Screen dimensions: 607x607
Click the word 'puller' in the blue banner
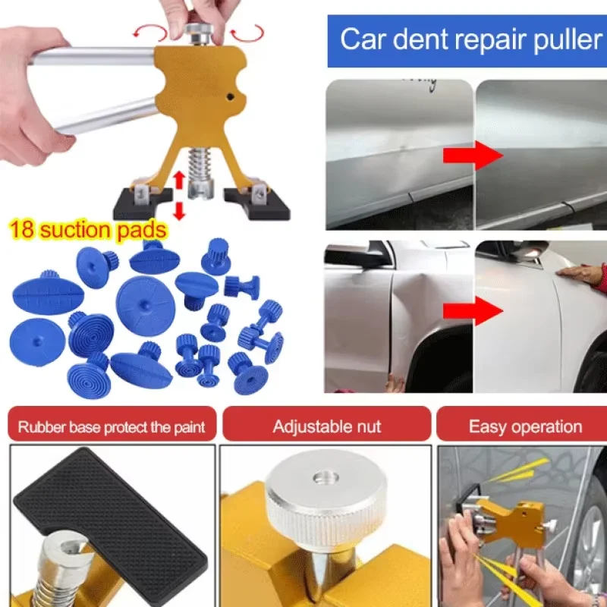click(568, 40)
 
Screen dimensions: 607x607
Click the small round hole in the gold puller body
click(231, 97)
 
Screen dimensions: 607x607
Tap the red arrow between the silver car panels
click(473, 156)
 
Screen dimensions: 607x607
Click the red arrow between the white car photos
click(473, 311)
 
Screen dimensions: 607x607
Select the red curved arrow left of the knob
click(149, 32)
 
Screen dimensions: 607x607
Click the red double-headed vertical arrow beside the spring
click(178, 196)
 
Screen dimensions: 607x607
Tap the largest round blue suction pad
click(146, 306)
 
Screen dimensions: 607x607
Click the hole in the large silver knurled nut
click(326, 478)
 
